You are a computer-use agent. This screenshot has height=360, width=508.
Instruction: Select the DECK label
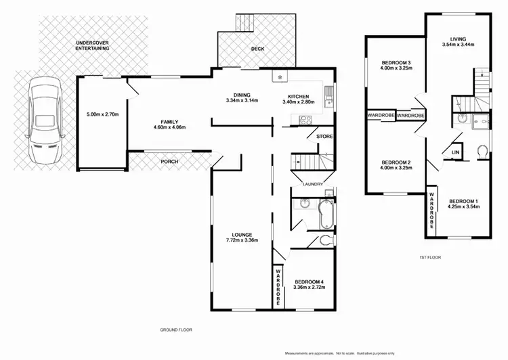click(x=257, y=49)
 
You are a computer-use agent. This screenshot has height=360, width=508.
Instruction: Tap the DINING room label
click(x=242, y=95)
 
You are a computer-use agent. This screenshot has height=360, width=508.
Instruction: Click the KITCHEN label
click(x=298, y=95)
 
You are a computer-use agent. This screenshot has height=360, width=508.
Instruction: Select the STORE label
click(x=324, y=137)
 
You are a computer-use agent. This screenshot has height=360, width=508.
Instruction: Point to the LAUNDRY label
click(x=312, y=184)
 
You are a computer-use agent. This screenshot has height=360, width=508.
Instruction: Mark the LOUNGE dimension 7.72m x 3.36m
click(x=242, y=240)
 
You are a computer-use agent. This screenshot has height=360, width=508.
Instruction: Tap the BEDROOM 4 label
click(x=309, y=282)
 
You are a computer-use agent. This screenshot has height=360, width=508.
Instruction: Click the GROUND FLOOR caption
click(x=175, y=330)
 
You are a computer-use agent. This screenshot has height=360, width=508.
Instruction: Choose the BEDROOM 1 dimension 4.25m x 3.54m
click(x=464, y=207)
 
